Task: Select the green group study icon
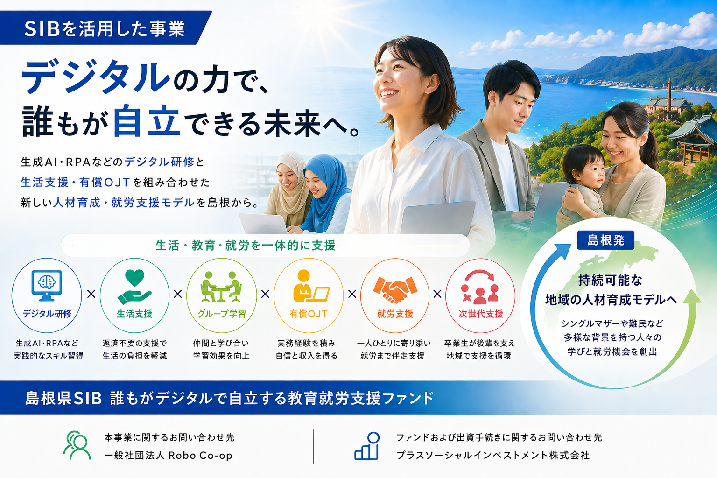tap(221, 287)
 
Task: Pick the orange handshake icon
tap(395, 290)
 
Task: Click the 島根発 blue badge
tap(605, 240)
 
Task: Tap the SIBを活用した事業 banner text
tap(105, 29)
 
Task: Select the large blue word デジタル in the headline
tap(95, 77)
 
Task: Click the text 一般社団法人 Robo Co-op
tap(169, 455)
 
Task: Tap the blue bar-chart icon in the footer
tap(367, 446)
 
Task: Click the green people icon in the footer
tap(77, 445)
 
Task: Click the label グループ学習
tap(222, 314)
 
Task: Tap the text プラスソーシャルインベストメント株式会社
tap(493, 455)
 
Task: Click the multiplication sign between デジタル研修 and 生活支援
tap(91, 294)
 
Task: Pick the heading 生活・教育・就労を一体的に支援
tap(246, 246)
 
